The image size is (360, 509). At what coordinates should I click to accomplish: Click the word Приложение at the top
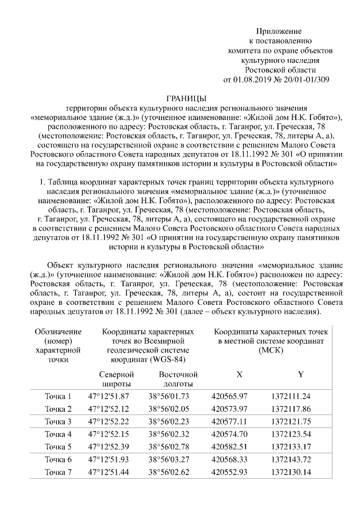(x=279, y=30)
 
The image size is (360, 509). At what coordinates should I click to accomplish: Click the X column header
(x=239, y=374)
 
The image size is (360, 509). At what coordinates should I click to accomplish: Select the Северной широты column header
(x=116, y=379)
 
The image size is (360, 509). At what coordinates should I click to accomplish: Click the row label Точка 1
(x=58, y=396)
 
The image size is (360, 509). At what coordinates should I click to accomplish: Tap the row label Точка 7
(x=58, y=472)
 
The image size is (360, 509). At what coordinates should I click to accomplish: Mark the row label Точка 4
(x=58, y=434)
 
